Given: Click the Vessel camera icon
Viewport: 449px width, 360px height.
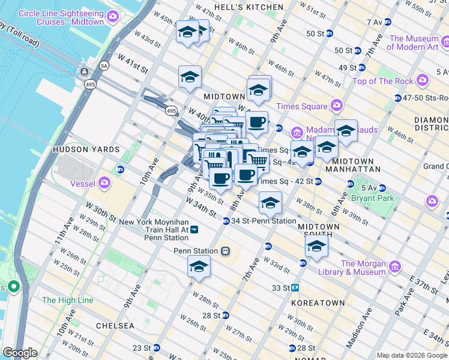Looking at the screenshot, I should pos(106,182).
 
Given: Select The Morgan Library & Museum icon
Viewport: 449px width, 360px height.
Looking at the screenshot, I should pos(395,266).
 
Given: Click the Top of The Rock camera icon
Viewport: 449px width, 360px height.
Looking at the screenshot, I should pos(423,80).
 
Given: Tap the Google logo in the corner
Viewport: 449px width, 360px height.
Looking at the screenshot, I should pos(20,353).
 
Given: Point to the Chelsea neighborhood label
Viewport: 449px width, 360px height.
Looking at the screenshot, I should pos(115,325).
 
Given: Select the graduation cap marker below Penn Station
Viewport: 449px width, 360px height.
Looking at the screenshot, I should pos(199,268).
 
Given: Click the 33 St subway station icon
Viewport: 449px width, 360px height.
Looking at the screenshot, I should pos(295,288).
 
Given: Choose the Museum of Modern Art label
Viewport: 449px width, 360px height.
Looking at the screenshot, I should pos(414,43).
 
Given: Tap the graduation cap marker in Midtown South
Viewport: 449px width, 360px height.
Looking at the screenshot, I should pos(316,245).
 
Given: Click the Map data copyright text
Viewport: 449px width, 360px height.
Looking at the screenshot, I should pos(412,355).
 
